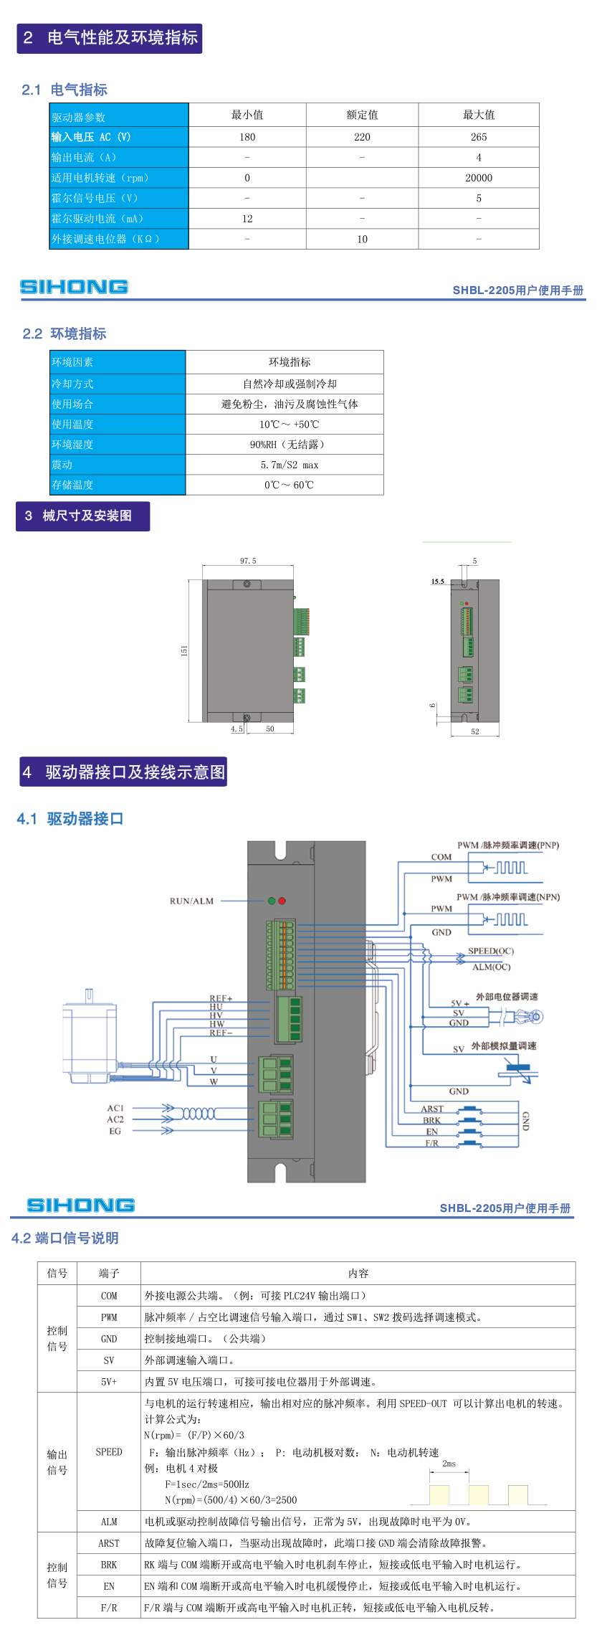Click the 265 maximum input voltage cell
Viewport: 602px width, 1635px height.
[x=479, y=137]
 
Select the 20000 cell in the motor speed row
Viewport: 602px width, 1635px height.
[x=479, y=178]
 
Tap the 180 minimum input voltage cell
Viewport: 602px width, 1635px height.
[x=247, y=137]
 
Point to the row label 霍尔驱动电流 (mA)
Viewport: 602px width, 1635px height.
[x=97, y=219]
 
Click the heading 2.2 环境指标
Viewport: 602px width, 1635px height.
[x=64, y=333]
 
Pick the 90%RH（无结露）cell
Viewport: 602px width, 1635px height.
[x=287, y=445]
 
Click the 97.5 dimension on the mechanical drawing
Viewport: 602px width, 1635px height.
[x=248, y=561]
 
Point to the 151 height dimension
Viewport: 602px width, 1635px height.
[x=184, y=650]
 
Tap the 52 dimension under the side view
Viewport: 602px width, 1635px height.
[x=475, y=731]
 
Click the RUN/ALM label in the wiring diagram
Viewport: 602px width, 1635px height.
[x=191, y=901]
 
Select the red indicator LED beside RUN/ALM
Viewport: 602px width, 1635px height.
[x=282, y=901]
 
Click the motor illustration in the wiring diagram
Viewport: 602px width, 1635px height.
[x=90, y=1036]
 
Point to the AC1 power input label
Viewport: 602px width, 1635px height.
[x=115, y=1108]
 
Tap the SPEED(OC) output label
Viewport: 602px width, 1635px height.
[x=491, y=951]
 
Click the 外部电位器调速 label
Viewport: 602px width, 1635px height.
[x=507, y=997]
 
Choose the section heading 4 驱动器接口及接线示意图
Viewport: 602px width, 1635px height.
[x=123, y=772]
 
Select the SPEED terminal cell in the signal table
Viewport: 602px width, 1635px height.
[x=109, y=1451]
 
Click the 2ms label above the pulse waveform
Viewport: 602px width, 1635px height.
[x=449, y=1463]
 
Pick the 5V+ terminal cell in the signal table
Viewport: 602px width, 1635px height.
[x=109, y=1381]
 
